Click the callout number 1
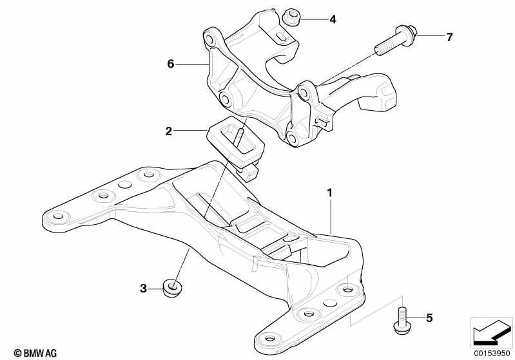(330, 193)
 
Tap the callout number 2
(168, 131)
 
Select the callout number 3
(143, 289)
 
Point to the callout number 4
(333, 19)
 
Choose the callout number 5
(429, 317)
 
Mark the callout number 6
(170, 64)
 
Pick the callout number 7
(449, 37)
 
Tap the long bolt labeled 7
(396, 41)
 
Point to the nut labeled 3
(173, 288)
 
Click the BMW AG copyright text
(35, 353)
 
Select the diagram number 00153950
(492, 353)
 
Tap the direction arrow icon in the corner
(492, 333)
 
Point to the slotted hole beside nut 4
(280, 37)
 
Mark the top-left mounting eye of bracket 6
(209, 37)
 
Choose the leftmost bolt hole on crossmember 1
(58, 216)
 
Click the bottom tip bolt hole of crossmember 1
(269, 338)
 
